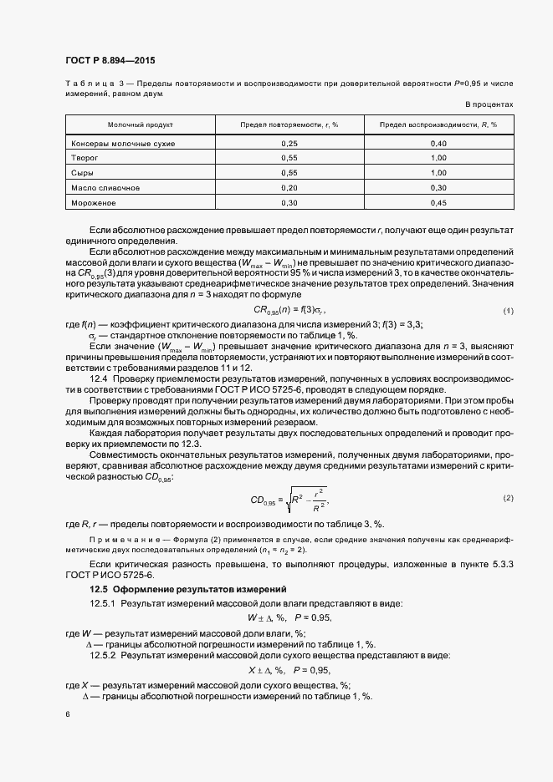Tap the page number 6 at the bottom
(x=67, y=714)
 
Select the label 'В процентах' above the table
(x=489, y=104)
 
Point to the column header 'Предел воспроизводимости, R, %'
(x=438, y=124)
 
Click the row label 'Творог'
(x=84, y=157)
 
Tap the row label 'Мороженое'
(x=93, y=202)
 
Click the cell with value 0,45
(x=438, y=202)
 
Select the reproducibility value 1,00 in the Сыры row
(x=438, y=172)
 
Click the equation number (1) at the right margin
(x=507, y=311)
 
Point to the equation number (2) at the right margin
(x=507, y=498)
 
